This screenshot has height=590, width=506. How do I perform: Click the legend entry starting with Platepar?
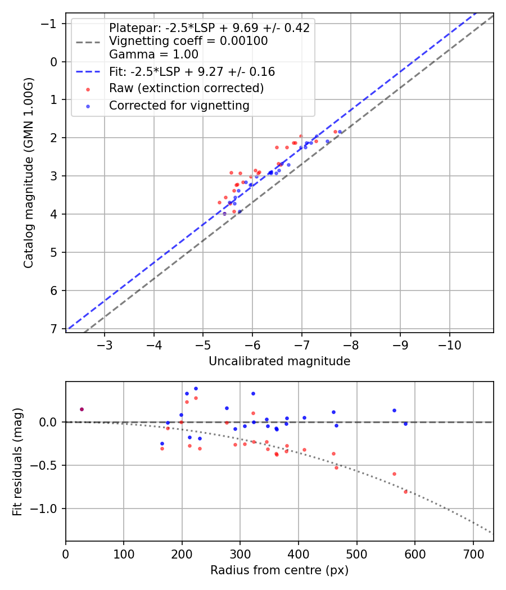(209, 28)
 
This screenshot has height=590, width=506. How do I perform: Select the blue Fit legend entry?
(191, 72)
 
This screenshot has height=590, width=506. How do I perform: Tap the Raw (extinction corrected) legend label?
(186, 88)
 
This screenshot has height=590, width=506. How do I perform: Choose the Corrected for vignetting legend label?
(179, 105)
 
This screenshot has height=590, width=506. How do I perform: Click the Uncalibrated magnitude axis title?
(279, 361)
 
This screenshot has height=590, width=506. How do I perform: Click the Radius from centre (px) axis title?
(279, 570)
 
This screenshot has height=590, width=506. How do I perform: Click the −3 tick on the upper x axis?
(105, 344)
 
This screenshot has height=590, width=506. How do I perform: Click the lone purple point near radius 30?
(82, 409)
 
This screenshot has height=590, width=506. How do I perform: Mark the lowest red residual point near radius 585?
(405, 492)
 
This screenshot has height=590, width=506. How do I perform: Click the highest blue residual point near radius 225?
(196, 388)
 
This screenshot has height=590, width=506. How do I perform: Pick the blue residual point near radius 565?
(394, 410)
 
